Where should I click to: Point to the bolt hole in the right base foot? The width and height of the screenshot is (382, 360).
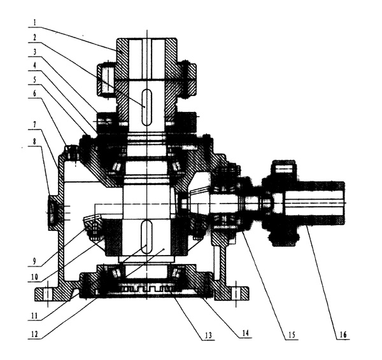point(239,292)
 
